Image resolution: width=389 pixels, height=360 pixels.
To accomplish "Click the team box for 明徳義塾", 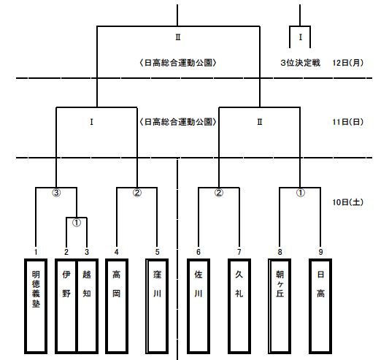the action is pos(36,306).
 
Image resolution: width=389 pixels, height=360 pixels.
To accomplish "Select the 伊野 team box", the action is pos(66,306).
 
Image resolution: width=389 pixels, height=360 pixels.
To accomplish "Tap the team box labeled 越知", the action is pos(88,306).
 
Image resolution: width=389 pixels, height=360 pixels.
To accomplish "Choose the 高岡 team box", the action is pos(117,306).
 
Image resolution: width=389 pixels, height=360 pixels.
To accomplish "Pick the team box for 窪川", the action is pos(157,306).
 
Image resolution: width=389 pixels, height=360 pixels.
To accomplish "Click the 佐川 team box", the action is pos(199,306).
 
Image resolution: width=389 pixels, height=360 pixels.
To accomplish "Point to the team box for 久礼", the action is pos(239,306).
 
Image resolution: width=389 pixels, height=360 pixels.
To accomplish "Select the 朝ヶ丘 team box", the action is pos(280,306).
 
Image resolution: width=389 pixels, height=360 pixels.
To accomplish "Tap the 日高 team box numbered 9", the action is pos(320,306).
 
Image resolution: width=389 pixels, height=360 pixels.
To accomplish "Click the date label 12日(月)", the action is pos(347,63).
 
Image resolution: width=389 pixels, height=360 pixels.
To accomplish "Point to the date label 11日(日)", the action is pos(347,122).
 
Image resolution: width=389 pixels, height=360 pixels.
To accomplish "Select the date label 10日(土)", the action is pos(347,202).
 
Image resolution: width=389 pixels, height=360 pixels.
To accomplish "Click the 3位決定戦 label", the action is pos(300,63).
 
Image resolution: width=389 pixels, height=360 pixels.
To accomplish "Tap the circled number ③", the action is pos(56,193).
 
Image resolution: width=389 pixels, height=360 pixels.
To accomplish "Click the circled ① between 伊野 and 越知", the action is pos(77,223).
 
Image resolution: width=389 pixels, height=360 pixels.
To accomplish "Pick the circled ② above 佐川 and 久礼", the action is pos(218,193).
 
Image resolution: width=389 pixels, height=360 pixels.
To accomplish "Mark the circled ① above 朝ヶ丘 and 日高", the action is pos(300,193).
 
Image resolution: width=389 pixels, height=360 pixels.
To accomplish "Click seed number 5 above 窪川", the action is pos(157,252).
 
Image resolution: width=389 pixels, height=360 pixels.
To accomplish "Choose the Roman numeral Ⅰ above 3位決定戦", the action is pos(301,37).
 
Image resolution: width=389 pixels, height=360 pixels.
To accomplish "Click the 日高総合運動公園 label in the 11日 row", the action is pos(178,122).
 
